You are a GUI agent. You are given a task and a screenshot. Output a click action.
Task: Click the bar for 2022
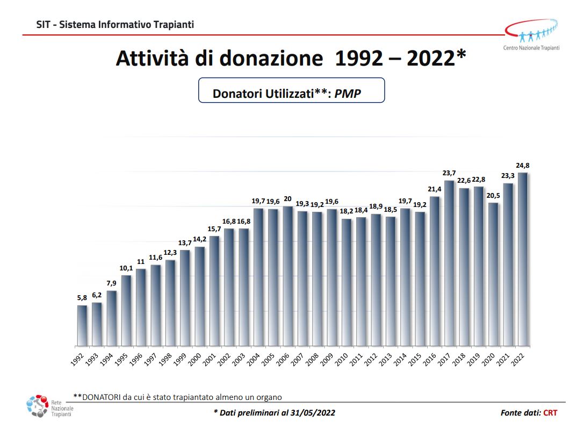(x=523, y=259)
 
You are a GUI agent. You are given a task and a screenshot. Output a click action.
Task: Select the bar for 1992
(x=82, y=326)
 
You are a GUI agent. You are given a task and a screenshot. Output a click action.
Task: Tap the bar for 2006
(x=287, y=276)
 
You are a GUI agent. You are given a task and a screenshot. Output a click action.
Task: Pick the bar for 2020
(x=493, y=274)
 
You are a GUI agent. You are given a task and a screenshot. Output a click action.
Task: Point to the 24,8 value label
(x=523, y=166)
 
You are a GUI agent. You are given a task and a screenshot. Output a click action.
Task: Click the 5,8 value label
(x=82, y=298)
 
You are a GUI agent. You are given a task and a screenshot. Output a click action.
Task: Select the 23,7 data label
(x=449, y=173)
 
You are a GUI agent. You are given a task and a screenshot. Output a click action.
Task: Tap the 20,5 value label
(x=493, y=195)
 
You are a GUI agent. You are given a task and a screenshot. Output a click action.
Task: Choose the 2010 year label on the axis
(x=341, y=359)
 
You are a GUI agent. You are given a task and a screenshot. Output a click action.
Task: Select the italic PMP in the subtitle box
(x=348, y=93)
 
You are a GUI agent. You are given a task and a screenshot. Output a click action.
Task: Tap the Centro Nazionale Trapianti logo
(x=532, y=34)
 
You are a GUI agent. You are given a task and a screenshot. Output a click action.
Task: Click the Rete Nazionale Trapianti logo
(x=49, y=406)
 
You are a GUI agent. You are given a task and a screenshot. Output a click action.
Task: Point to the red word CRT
(x=550, y=412)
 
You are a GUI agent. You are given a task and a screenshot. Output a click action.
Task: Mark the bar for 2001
(x=214, y=291)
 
